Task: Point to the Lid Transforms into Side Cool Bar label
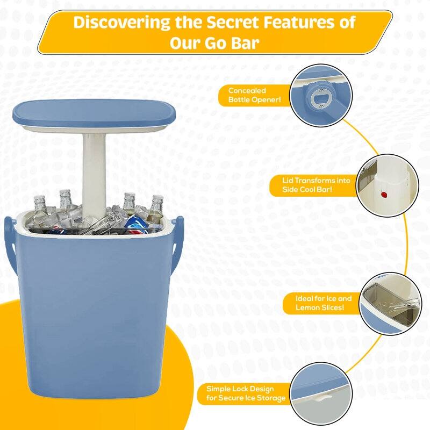pos(312,185)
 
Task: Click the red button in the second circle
pos(384,193)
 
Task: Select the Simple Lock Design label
pos(240,389)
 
